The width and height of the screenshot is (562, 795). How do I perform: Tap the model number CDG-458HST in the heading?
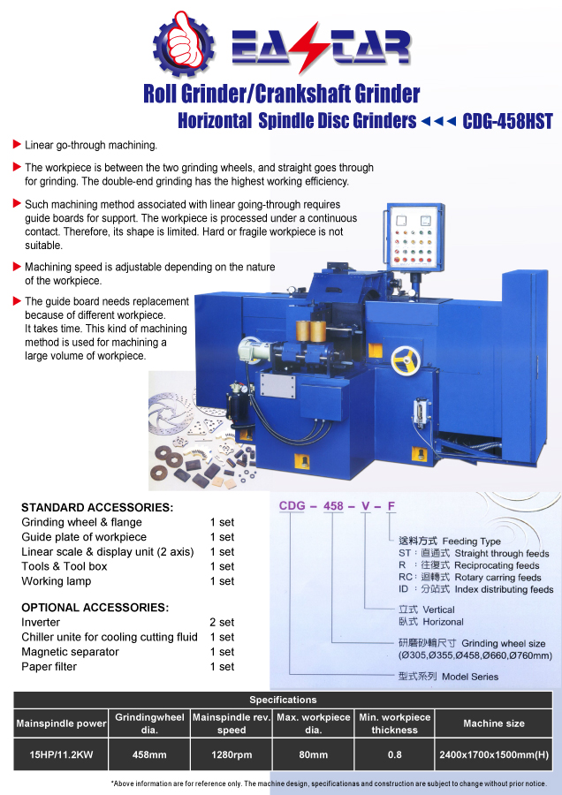[507, 121]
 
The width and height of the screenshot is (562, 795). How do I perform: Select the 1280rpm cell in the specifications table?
[232, 754]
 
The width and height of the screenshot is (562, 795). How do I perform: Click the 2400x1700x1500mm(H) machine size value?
[494, 754]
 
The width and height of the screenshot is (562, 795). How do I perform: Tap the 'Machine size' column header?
[494, 723]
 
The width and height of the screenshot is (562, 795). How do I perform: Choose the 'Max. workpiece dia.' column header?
[313, 723]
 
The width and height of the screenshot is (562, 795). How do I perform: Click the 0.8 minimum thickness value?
[394, 754]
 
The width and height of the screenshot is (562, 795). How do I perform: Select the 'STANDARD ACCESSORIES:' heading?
[97, 508]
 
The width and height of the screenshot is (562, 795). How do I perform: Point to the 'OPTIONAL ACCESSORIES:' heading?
[95, 608]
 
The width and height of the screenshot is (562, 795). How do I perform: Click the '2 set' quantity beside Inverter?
[222, 623]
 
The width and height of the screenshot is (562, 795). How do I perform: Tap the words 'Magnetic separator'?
[70, 652]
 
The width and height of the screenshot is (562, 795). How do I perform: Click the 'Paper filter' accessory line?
[49, 667]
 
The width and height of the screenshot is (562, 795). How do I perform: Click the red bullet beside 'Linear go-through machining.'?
[17, 144]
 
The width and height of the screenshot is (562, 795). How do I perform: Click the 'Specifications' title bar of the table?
[283, 700]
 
